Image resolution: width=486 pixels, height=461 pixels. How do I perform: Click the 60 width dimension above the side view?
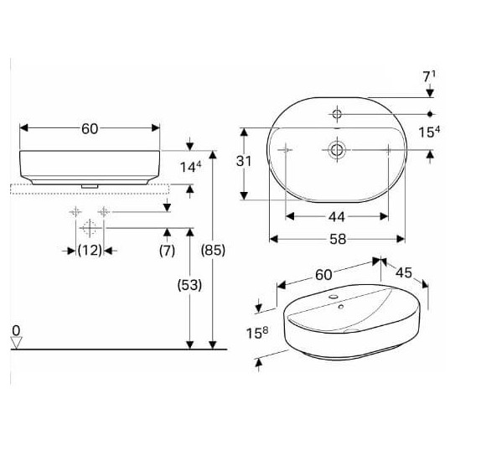pyautogui.click(x=90, y=128)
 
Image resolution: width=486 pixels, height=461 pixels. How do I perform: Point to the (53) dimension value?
pyautogui.click(x=190, y=285)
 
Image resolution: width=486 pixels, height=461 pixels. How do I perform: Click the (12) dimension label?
pyautogui.click(x=90, y=250)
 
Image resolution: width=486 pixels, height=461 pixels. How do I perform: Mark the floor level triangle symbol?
pyautogui.click(x=15, y=340)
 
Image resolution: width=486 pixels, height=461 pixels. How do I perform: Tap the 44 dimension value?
pyautogui.click(x=336, y=216)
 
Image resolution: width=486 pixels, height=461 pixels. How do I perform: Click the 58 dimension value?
pyautogui.click(x=336, y=240)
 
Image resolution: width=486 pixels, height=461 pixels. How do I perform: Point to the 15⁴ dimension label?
pyautogui.click(x=430, y=132)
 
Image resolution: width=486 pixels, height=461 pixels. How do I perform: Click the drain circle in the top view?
pyautogui.click(x=337, y=150)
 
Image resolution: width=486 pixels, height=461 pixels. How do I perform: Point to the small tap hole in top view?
pyautogui.click(x=337, y=112)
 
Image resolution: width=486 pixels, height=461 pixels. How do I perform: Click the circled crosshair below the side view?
pyautogui.click(x=89, y=227)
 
